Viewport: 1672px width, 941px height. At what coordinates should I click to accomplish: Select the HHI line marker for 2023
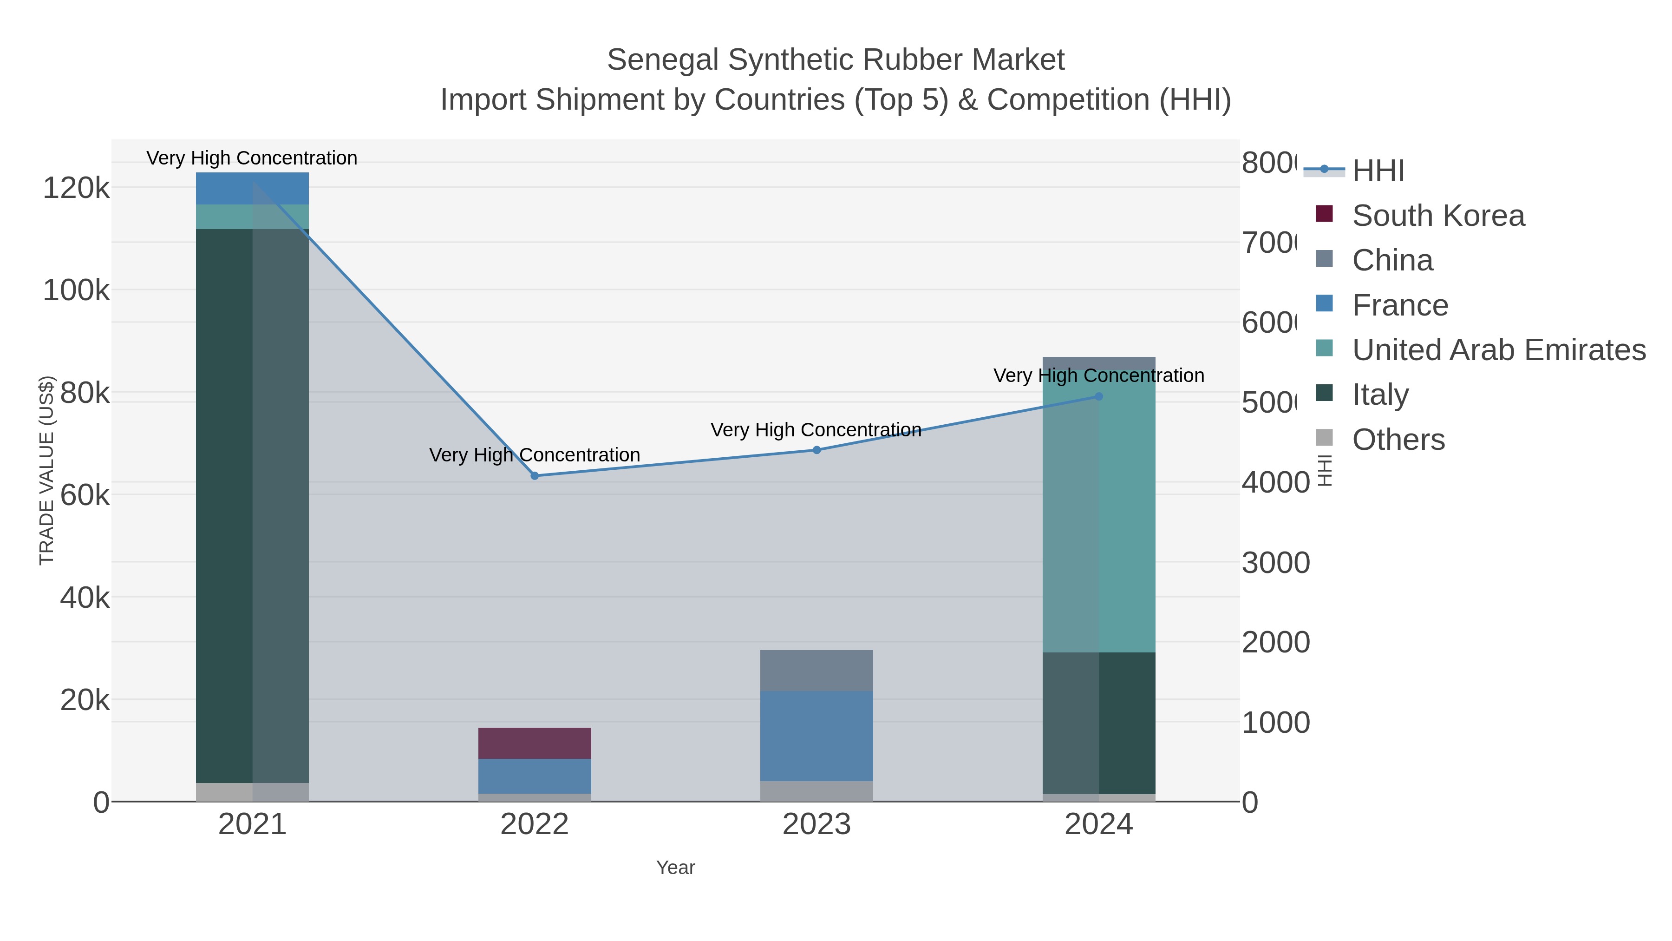click(x=816, y=450)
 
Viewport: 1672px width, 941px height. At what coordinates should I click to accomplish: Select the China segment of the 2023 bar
click(x=816, y=670)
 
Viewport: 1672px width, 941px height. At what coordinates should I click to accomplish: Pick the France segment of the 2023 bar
click(x=816, y=735)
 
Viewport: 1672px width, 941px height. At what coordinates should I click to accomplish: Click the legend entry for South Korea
click(x=1437, y=216)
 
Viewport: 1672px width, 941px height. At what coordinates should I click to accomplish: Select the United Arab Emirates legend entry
click(x=1498, y=350)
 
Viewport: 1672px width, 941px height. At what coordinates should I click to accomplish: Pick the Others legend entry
click(x=1398, y=440)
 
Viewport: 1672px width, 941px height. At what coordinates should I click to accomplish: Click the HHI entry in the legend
click(x=1378, y=171)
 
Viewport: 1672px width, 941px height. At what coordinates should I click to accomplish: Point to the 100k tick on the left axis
click(x=76, y=290)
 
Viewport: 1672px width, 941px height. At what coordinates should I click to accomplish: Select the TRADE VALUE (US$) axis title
click(x=47, y=470)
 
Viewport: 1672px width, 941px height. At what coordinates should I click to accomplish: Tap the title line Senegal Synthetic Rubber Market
click(x=836, y=60)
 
